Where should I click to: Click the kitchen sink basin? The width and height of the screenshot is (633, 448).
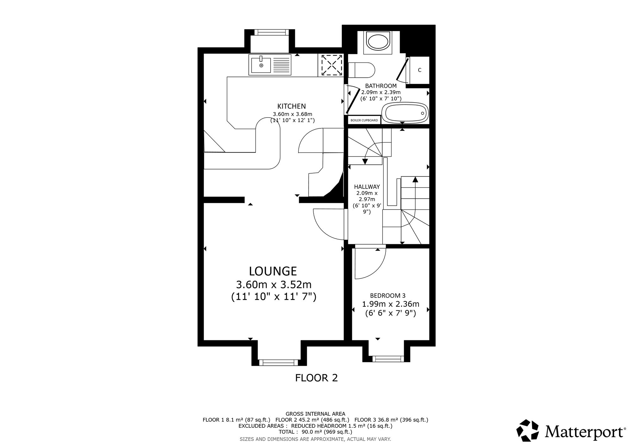click(x=261, y=65)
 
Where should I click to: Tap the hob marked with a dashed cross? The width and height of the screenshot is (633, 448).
click(x=331, y=65)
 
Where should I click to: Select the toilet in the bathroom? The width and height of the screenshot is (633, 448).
click(x=361, y=70)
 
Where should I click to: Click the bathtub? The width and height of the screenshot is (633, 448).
click(x=405, y=113)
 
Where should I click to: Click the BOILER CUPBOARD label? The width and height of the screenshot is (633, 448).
click(x=364, y=120)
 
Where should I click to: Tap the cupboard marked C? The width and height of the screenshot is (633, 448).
click(x=419, y=70)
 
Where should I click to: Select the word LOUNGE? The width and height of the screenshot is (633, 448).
click(x=273, y=271)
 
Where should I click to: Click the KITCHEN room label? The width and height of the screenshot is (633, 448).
click(x=291, y=106)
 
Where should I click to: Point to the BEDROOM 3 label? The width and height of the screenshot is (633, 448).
click(x=388, y=296)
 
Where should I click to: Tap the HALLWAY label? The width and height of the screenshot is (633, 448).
click(x=367, y=187)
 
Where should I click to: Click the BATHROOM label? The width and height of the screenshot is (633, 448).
click(x=381, y=86)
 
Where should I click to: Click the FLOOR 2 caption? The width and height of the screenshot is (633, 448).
click(x=316, y=378)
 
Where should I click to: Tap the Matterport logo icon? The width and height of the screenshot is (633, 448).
click(x=528, y=430)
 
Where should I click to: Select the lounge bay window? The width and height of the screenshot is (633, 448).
click(x=278, y=362)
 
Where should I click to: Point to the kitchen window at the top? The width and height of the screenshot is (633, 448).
click(x=272, y=32)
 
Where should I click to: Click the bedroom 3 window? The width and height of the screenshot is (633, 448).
click(x=388, y=359)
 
